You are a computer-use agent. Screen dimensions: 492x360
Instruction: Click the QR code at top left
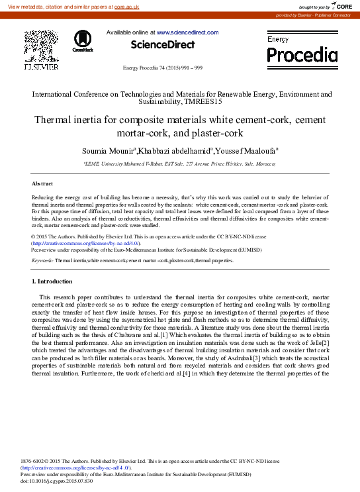point(40,45)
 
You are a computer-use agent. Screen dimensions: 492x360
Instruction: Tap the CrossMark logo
point(83,41)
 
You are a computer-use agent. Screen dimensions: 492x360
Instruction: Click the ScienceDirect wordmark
point(163,45)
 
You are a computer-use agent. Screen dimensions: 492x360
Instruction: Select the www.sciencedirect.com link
point(187,32)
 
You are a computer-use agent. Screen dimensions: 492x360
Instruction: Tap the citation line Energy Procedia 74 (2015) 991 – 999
point(163,68)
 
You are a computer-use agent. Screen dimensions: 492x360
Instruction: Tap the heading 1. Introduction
point(52,281)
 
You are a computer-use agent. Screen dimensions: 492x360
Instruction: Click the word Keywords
point(42,261)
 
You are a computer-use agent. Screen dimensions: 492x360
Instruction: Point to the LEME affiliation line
point(180,163)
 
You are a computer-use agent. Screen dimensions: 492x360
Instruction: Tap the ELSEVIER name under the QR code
point(41,67)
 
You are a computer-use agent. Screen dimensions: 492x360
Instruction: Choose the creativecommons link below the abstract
point(86,244)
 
